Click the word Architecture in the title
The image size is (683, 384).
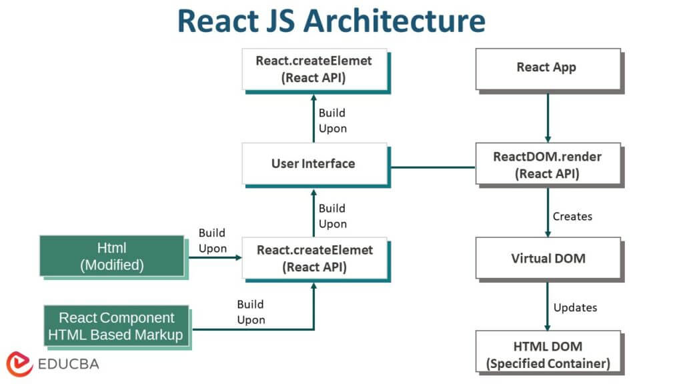tap(395, 21)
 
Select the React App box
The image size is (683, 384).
tap(548, 69)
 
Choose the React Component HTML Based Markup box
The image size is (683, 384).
tap(116, 326)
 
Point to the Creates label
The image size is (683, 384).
tap(572, 217)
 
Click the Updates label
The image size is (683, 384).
tap(575, 307)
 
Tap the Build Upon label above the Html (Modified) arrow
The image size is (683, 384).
tap(213, 240)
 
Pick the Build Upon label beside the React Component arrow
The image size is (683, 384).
tap(251, 312)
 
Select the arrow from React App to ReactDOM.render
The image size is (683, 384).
tap(548, 117)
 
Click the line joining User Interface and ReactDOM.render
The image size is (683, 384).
tap(433, 167)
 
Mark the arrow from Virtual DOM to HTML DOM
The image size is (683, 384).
tap(548, 307)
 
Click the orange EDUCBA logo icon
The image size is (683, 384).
tap(19, 364)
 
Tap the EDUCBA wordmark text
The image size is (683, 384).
tap(69, 364)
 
